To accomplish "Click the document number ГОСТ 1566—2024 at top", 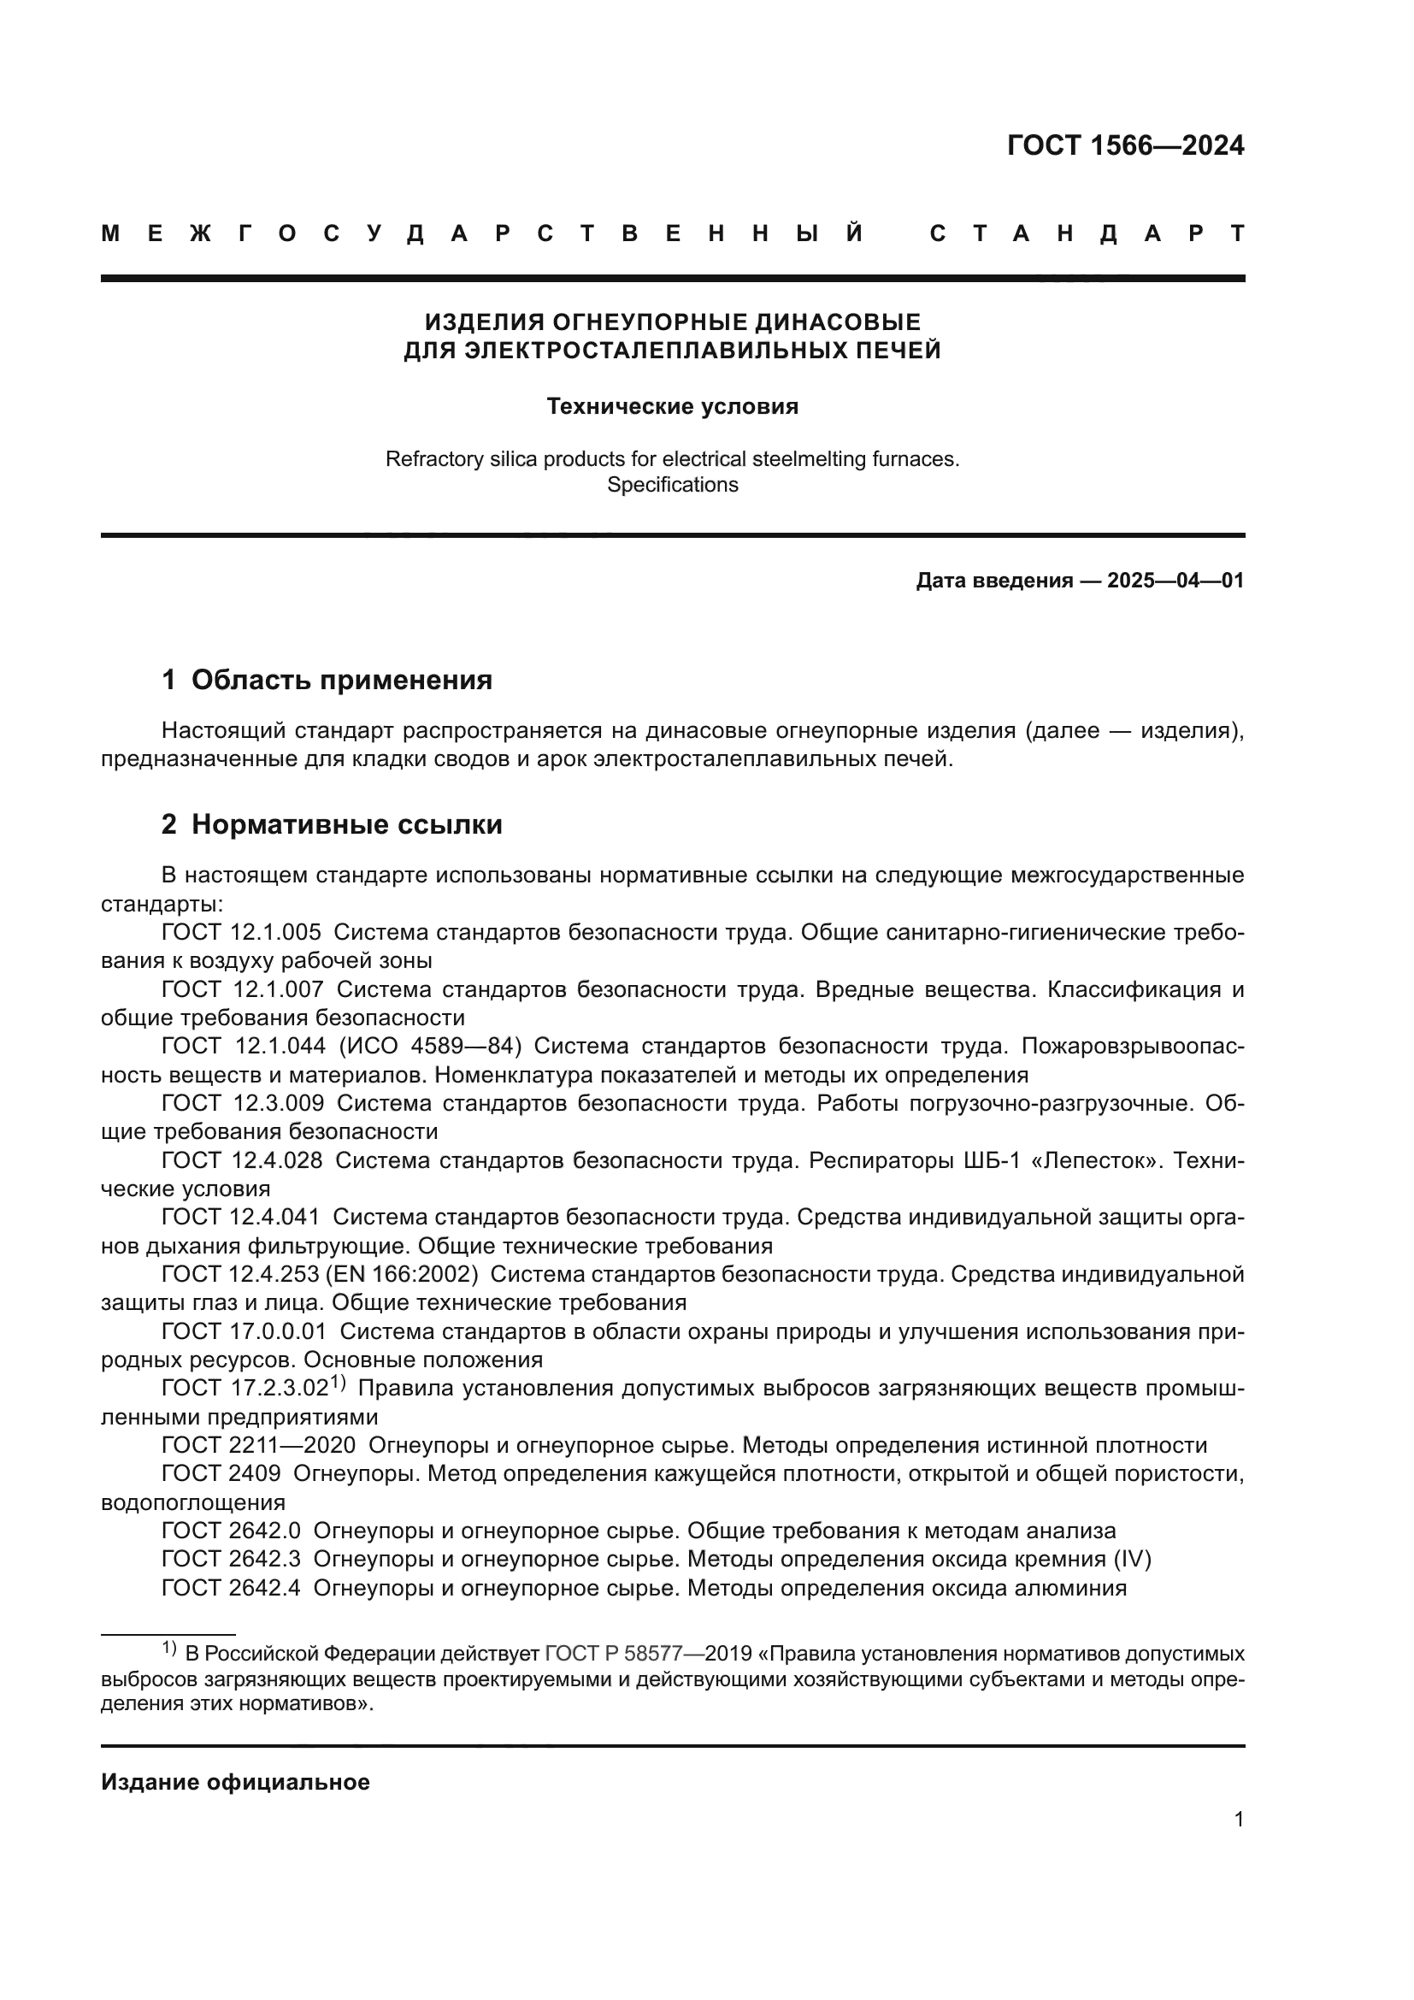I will pos(1125,145).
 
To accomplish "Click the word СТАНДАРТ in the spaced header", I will pos(1087,233).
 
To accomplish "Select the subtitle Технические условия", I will pos(672,407).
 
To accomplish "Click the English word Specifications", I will pos(672,485).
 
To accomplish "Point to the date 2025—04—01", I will pos(1175,580).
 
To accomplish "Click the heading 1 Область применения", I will pos(327,680).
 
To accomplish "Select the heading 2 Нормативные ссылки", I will pos(332,824).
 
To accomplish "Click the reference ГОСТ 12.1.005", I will pos(241,933).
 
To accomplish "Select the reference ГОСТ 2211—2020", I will pos(258,1445).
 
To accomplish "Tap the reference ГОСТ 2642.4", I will pos(232,1588).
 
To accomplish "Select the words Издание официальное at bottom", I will pos(235,1782).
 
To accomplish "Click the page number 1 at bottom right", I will pos(1238,1819).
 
